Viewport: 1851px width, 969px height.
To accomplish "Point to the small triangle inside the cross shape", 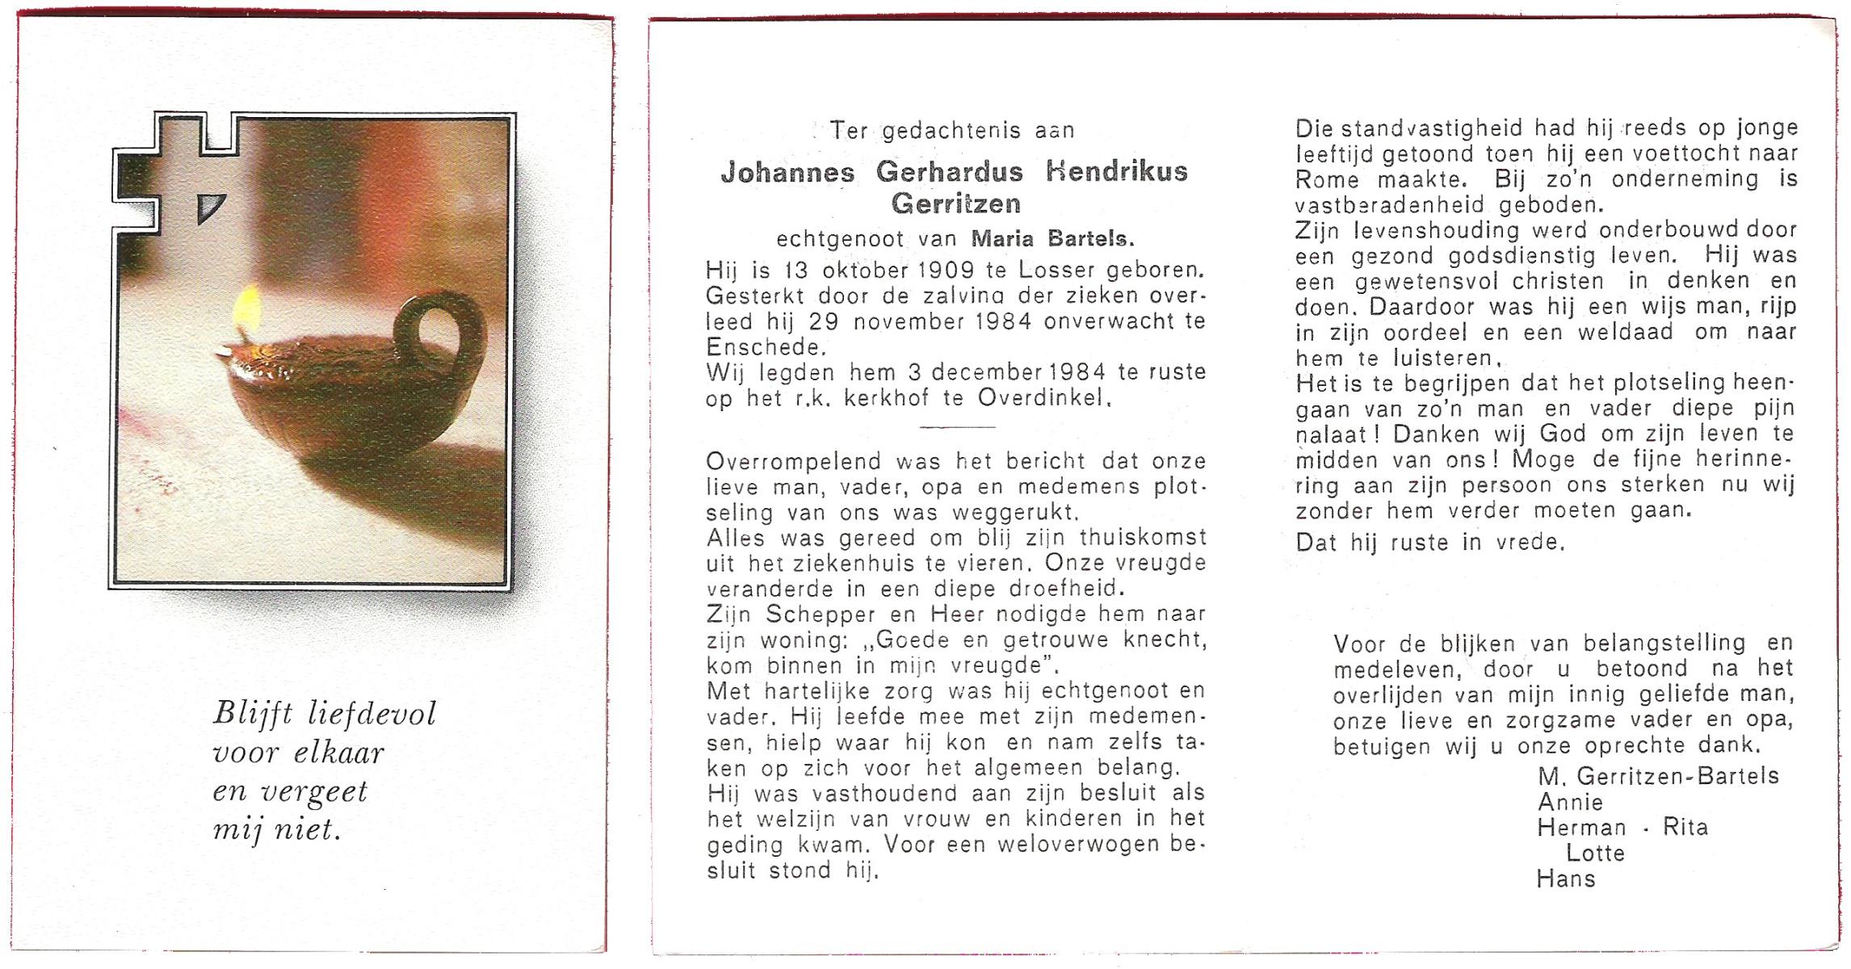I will click(x=211, y=208).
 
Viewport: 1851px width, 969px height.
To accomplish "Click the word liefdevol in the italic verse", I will click(x=372, y=714).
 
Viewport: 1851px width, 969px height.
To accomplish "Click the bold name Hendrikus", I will click(x=1116, y=172).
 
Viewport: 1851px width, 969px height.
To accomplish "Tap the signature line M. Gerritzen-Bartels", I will click(x=1658, y=777).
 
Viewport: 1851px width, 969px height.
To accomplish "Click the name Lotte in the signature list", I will click(x=1595, y=854).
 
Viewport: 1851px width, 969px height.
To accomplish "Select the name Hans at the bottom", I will click(x=1566, y=879).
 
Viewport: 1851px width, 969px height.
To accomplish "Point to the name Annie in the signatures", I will click(x=1570, y=803).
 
